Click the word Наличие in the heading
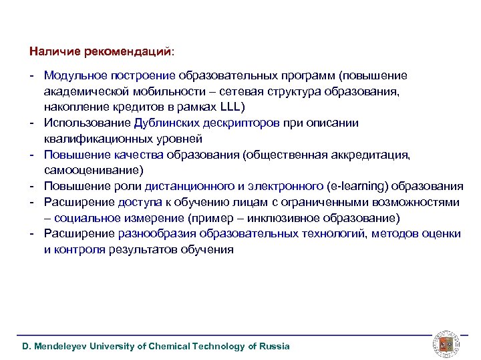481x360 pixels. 50,51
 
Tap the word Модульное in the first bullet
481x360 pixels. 71,75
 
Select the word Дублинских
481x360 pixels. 166,123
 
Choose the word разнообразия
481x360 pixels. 155,234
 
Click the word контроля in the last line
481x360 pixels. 81,250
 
